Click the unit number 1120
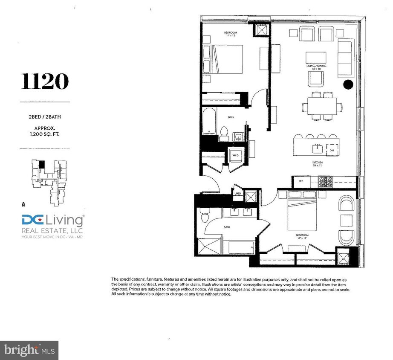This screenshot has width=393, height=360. click(x=45, y=82)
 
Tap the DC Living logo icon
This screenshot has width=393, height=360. click(x=33, y=221)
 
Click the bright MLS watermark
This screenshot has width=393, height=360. click(x=29, y=350)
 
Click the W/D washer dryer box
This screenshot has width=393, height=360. click(x=235, y=156)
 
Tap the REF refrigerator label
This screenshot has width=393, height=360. click(x=301, y=181)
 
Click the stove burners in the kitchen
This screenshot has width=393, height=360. click(x=326, y=182)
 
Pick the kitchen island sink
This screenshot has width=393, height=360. click(x=317, y=148)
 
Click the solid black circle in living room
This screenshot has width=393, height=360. click(x=348, y=84)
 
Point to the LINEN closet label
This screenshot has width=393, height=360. click(x=238, y=194)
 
